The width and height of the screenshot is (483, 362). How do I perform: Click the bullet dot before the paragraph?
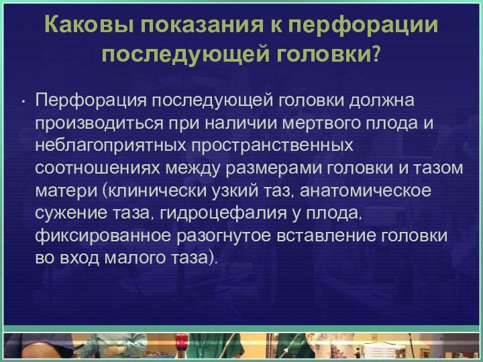[23, 103]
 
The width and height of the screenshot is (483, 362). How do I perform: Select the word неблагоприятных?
[110, 145]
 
